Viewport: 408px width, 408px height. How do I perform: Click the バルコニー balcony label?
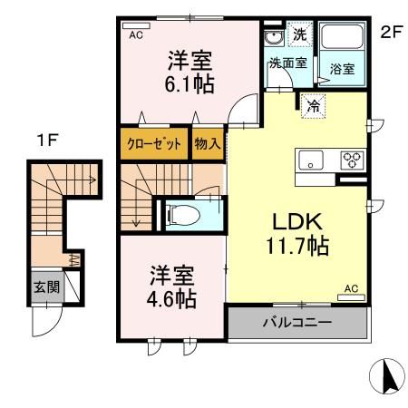(x=297, y=322)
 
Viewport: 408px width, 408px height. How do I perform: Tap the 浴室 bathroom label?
(x=342, y=68)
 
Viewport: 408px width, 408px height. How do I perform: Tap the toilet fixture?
(x=186, y=214)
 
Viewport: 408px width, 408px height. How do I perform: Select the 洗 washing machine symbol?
(x=300, y=35)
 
